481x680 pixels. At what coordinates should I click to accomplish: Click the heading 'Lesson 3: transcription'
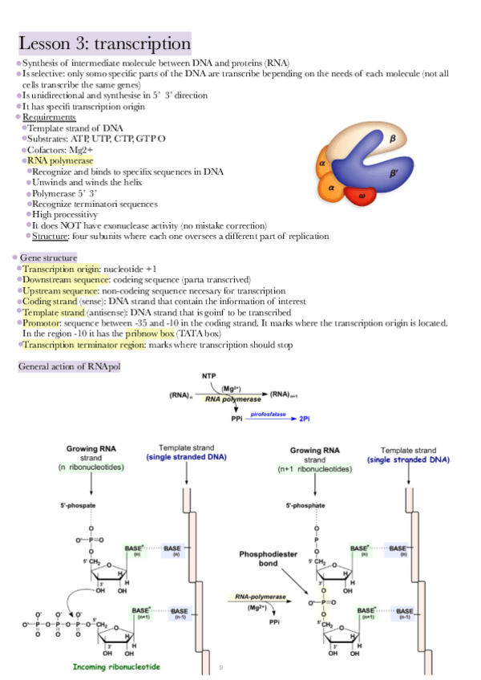pos(104,42)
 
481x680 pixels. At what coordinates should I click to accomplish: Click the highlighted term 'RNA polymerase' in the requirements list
pos(61,161)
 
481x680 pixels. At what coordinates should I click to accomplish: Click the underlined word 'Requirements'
pos(49,117)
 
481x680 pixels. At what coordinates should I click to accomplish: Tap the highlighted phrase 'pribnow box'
pos(150,334)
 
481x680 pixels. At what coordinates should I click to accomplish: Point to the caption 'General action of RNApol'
pos(69,366)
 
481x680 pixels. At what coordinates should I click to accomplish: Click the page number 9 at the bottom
pos(221,666)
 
